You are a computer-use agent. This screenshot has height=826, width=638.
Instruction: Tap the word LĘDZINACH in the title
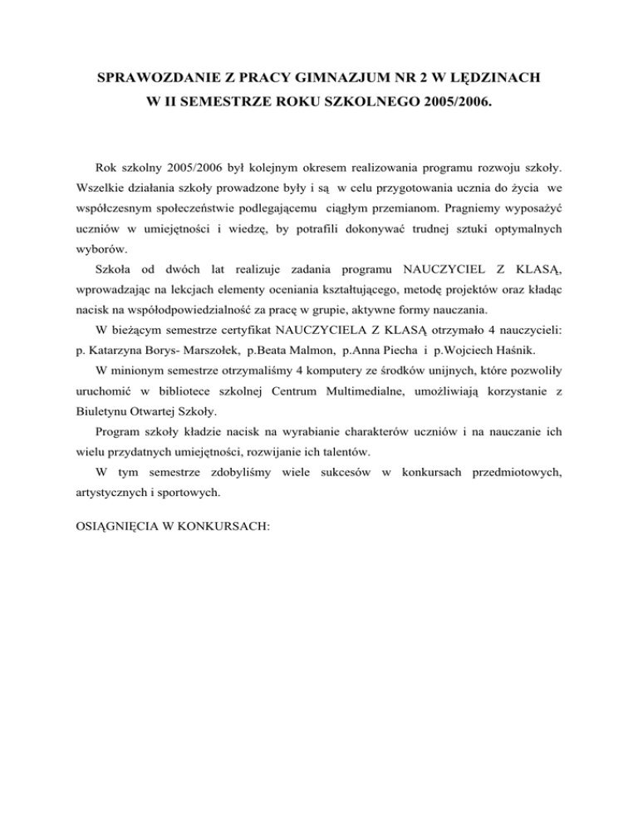pos(493,80)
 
